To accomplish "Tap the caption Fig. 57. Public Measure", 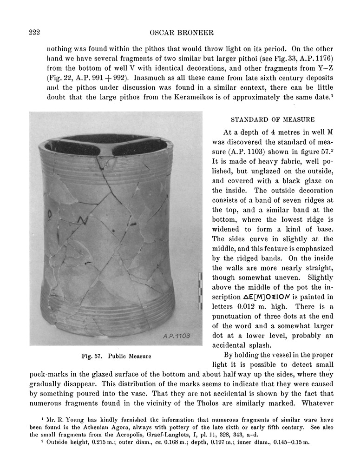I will (117, 357).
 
